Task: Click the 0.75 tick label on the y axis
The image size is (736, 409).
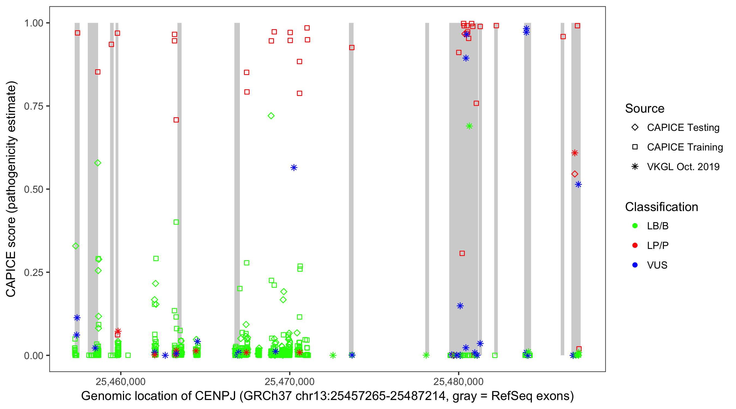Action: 33,106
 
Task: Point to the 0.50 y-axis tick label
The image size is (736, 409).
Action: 33,189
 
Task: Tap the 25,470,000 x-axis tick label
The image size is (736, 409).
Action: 289,381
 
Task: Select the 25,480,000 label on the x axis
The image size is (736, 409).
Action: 458,381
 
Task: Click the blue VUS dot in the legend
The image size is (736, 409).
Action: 635,265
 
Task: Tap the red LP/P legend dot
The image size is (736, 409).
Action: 635,245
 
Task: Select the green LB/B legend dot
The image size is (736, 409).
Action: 635,226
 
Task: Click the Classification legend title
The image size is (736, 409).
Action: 661,207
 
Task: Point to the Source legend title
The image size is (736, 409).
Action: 645,109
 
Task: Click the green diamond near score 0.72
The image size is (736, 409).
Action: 271,116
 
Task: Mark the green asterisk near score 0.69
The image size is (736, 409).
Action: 469,126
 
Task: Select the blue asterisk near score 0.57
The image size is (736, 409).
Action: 294,168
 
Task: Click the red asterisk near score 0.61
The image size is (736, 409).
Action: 575,153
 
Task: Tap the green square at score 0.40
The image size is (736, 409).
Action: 176,222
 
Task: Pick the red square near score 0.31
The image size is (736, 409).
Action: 462,253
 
